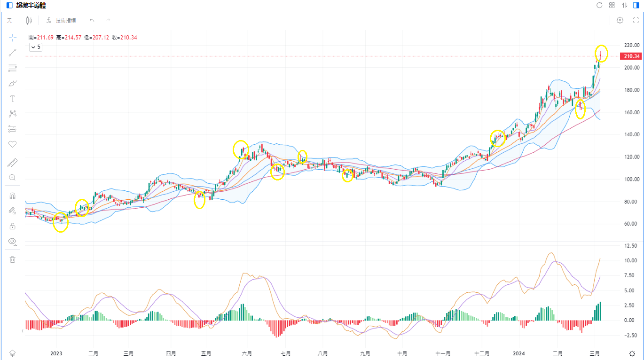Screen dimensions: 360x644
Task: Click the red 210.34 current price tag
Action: pyautogui.click(x=631, y=56)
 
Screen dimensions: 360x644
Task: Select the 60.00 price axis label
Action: pyautogui.click(x=631, y=224)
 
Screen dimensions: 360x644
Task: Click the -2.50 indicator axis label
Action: pyautogui.click(x=630, y=335)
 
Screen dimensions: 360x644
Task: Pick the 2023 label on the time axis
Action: pyautogui.click(x=56, y=353)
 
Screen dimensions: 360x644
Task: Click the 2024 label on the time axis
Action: pyautogui.click(x=519, y=353)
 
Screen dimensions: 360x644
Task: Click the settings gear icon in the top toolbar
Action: pyautogui.click(x=620, y=20)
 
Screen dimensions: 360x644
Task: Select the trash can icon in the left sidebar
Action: pyautogui.click(x=13, y=259)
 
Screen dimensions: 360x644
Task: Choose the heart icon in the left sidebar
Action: pyautogui.click(x=13, y=144)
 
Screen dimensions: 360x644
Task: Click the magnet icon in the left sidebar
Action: pyautogui.click(x=13, y=196)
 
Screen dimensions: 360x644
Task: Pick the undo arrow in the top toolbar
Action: pyautogui.click(x=92, y=20)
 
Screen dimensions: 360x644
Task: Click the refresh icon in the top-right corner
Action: pyautogui.click(x=599, y=5)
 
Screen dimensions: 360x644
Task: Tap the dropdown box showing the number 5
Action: pyautogui.click(x=36, y=47)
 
